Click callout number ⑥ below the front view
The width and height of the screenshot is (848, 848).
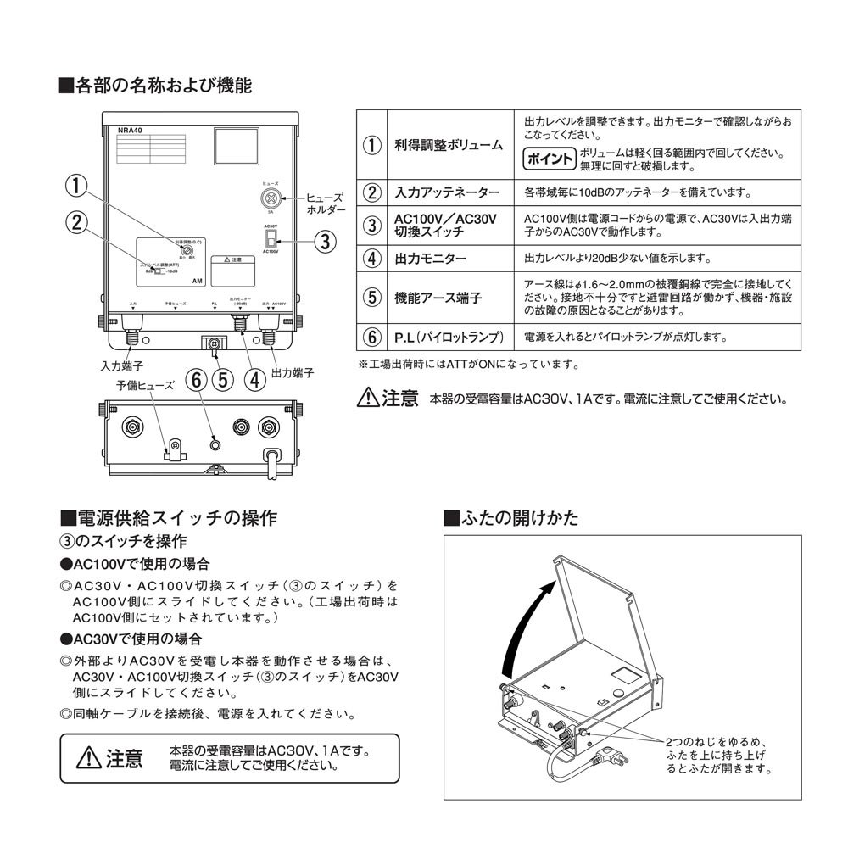(x=197, y=379)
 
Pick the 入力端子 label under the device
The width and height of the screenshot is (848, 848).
(x=120, y=367)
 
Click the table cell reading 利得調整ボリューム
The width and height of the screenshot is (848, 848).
(x=449, y=145)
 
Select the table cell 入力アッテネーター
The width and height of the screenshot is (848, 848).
(x=447, y=192)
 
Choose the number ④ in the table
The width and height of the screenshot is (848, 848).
(x=371, y=258)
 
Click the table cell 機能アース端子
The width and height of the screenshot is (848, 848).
(x=438, y=298)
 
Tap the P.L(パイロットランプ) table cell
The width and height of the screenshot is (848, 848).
(x=449, y=338)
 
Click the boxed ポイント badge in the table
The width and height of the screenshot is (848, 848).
(x=550, y=159)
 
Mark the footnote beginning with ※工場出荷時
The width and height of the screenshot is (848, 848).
(x=468, y=365)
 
